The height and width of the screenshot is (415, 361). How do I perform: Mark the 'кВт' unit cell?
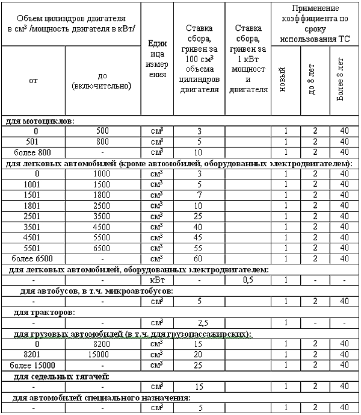click(157, 280)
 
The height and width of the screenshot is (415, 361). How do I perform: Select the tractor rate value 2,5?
click(199, 323)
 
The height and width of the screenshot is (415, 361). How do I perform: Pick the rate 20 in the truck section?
click(199, 355)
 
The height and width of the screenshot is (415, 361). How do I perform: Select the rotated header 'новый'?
click(282, 81)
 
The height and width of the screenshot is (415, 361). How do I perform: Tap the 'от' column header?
click(32, 81)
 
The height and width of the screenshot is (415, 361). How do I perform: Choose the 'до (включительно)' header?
click(102, 81)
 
